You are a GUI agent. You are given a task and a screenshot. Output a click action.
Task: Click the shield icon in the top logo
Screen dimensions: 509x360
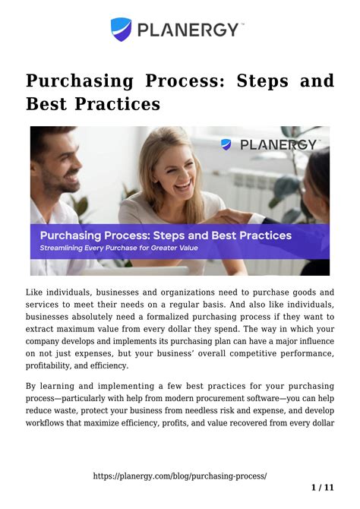122,30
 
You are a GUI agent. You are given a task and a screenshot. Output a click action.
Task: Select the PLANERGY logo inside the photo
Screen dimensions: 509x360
270,144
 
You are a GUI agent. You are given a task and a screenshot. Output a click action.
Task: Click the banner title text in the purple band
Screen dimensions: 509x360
166,236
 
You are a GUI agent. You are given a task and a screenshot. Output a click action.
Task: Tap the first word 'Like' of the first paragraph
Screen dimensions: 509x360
36,292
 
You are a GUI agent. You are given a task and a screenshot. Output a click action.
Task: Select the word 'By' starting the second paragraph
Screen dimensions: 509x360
32,386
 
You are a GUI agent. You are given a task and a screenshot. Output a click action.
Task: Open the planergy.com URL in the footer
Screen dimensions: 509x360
179,476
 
